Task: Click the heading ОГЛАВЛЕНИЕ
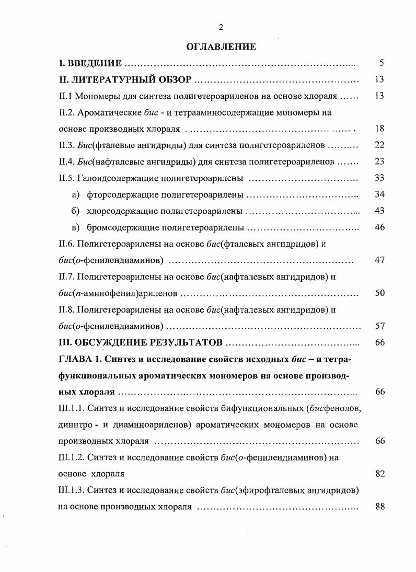click(x=221, y=47)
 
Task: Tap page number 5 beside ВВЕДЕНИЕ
click(x=382, y=64)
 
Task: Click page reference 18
click(x=380, y=129)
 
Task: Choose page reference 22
click(x=380, y=145)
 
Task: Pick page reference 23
click(x=380, y=162)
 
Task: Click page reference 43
click(x=380, y=211)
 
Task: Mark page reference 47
click(x=380, y=260)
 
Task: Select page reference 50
click(x=380, y=293)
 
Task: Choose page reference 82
click(x=380, y=474)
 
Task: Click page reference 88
click(x=380, y=507)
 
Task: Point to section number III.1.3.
click(x=71, y=490)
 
